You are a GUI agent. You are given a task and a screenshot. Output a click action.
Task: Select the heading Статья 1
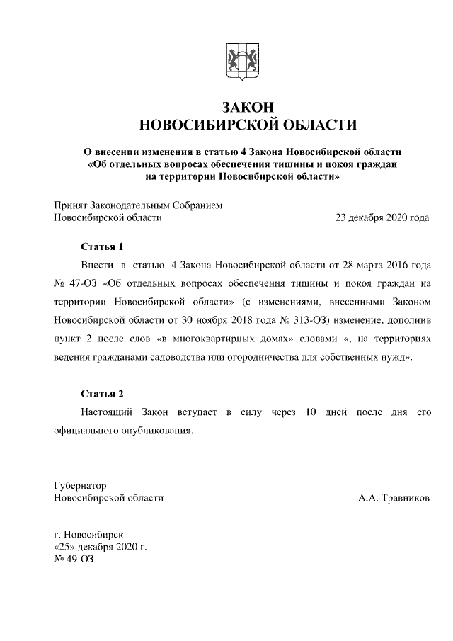click(102, 246)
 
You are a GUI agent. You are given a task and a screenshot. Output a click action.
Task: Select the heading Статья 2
click(102, 393)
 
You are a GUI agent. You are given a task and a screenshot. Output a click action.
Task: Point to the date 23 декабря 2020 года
click(382, 218)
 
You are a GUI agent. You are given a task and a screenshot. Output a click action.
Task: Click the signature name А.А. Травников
click(394, 498)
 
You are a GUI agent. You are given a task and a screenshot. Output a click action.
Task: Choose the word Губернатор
click(80, 487)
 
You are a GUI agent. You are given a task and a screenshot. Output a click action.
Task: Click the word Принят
click(72, 205)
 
